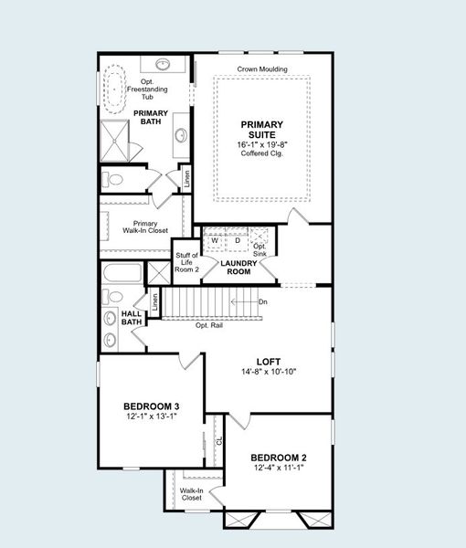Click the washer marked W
tap(215, 240)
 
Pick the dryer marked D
tap(237, 240)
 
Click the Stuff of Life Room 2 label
tap(186, 263)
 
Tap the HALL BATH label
tap(132, 317)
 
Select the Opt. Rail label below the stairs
tap(209, 324)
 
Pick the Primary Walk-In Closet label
tap(145, 228)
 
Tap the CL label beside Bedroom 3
tap(219, 440)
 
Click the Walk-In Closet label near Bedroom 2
tap(191, 494)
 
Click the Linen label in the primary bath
tap(187, 177)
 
